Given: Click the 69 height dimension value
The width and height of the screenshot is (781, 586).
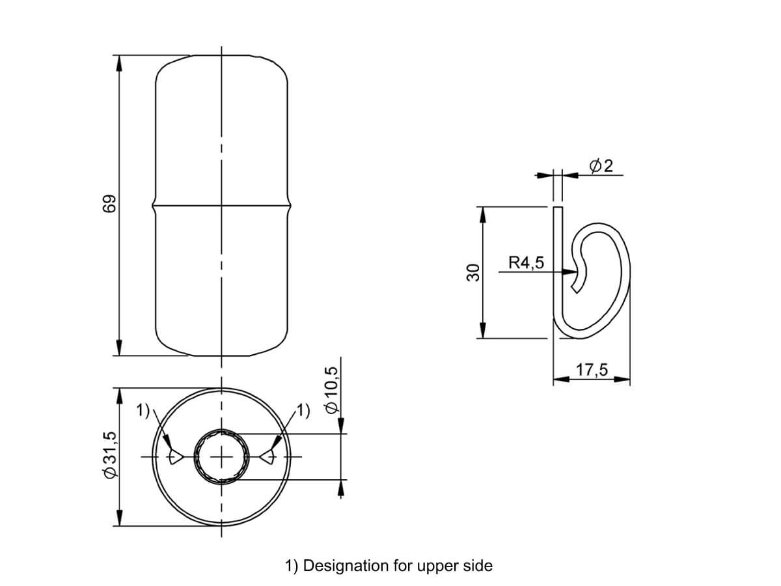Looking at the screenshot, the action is click(109, 204).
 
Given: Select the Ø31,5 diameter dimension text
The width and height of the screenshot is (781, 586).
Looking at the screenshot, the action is click(109, 454).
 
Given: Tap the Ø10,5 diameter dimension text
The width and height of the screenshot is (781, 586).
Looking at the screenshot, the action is click(331, 390).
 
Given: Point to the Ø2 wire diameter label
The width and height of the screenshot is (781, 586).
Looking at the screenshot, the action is click(601, 166).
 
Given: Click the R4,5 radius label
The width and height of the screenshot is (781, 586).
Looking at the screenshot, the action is click(527, 262).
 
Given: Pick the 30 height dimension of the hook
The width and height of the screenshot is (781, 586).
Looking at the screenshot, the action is click(473, 273).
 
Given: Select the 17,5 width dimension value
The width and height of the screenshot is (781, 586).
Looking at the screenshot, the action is click(592, 370).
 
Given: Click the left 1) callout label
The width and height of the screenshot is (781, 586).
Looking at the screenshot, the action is click(143, 410).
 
